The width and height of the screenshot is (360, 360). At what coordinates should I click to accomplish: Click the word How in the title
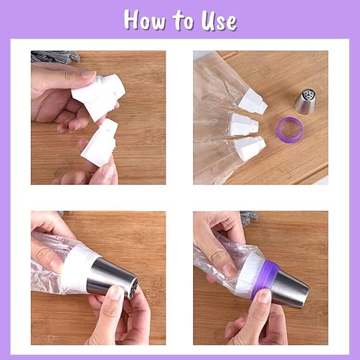(x=144, y=20)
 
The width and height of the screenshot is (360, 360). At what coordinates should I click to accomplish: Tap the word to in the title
(x=183, y=21)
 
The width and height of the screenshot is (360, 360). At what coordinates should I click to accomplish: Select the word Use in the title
(x=219, y=21)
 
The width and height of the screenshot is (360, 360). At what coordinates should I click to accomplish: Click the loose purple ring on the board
(x=290, y=130)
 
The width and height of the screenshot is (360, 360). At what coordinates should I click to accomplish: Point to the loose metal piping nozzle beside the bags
(x=306, y=102)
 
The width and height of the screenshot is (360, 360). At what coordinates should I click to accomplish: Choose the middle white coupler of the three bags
(x=244, y=124)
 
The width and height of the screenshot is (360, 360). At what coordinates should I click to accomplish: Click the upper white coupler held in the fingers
(x=99, y=96)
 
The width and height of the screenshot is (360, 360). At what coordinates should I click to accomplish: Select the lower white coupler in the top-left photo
(x=100, y=142)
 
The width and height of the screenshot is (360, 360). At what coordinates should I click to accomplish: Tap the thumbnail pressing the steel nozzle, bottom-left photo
(x=115, y=292)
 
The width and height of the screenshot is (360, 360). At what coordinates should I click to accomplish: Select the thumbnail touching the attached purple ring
(x=264, y=295)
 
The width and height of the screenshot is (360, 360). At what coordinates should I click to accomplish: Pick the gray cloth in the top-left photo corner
(x=55, y=56)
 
